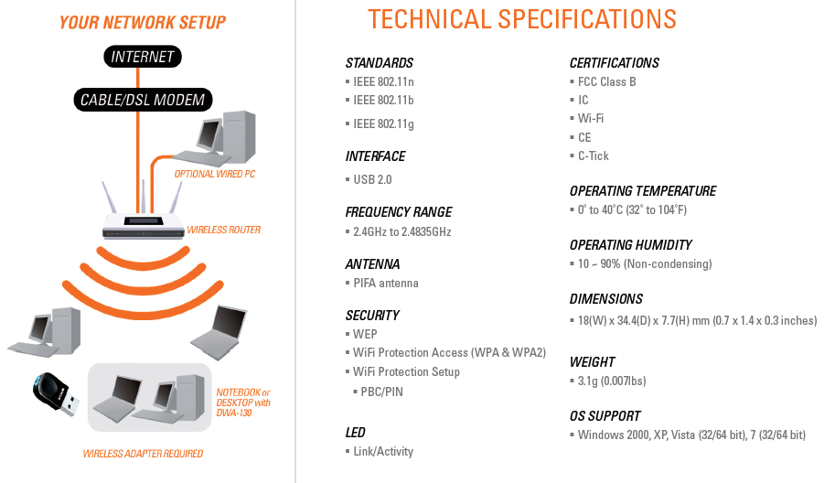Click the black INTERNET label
[x=143, y=57]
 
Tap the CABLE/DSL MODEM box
[x=143, y=100]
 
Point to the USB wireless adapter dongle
[x=56, y=394]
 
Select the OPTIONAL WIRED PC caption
[x=214, y=174]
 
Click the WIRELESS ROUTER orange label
[x=224, y=230]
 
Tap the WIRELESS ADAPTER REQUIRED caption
[x=143, y=454]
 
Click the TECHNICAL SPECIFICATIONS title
[x=522, y=19]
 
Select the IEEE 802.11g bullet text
[x=383, y=124]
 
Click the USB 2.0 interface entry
[x=372, y=179]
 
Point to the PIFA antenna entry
[x=386, y=284]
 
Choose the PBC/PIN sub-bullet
[x=381, y=392]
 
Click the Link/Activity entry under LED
[x=383, y=452]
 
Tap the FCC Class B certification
[x=607, y=82]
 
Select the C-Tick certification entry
[x=594, y=156]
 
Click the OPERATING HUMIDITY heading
[x=631, y=245]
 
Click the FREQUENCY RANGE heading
[x=399, y=212]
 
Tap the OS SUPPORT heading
[x=605, y=416]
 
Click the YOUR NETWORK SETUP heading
[x=143, y=23]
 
